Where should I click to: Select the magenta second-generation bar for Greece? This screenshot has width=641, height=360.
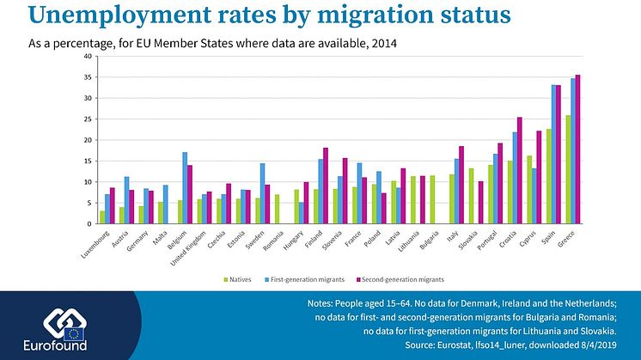[x=577, y=149]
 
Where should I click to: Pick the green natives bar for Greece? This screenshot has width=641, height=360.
[x=567, y=170]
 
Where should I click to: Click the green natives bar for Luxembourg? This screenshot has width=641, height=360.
[x=102, y=217]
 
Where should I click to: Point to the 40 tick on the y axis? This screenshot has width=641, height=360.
[x=88, y=57]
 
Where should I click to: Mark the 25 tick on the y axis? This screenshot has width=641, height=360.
[x=88, y=119]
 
